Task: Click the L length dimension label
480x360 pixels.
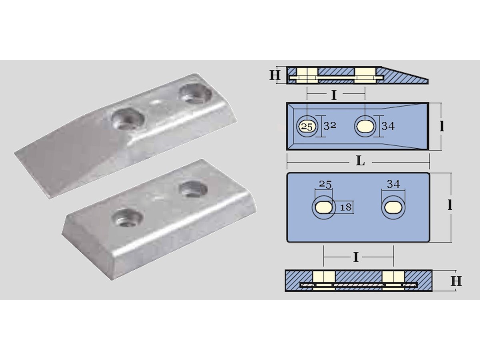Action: pyautogui.click(x=360, y=162)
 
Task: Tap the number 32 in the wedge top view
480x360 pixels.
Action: pyautogui.click(x=330, y=126)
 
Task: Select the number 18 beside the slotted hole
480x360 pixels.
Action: pyautogui.click(x=346, y=207)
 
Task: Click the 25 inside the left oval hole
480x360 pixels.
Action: pyautogui.click(x=306, y=127)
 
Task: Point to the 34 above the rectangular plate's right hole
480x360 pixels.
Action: pyautogui.click(x=394, y=184)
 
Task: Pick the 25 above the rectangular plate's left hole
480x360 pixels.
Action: pyautogui.click(x=326, y=185)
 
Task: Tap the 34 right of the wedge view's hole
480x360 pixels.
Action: pyautogui.click(x=388, y=126)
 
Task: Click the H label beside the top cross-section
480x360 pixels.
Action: pyautogui.click(x=275, y=76)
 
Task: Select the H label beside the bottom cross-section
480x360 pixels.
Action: pyautogui.click(x=456, y=281)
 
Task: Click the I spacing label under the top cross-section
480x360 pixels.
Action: pyautogui.click(x=334, y=95)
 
